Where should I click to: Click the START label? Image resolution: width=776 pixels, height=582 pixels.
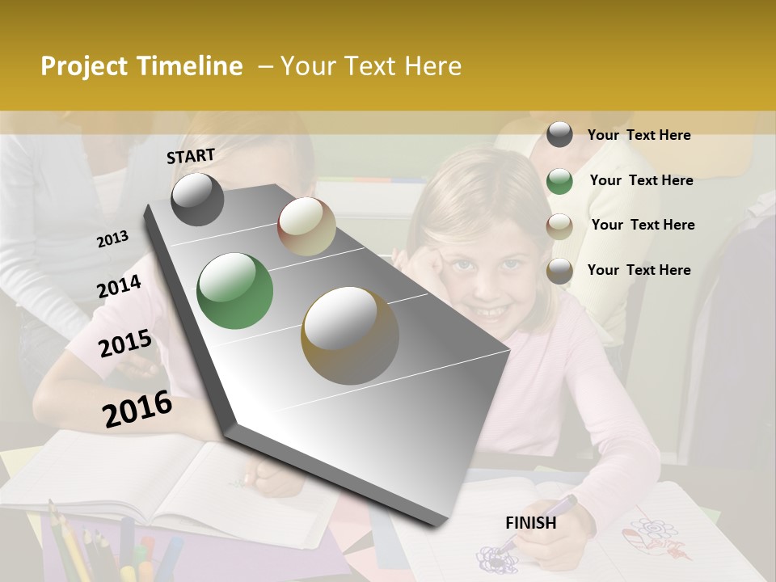(x=191, y=156)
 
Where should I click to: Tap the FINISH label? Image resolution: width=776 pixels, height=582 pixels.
(x=530, y=523)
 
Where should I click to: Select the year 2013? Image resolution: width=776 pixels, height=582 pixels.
(x=112, y=239)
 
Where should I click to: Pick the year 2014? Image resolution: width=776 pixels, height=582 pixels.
(x=119, y=287)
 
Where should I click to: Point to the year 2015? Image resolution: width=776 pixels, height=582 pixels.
(x=125, y=344)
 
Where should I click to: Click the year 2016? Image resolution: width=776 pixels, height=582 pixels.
(x=137, y=409)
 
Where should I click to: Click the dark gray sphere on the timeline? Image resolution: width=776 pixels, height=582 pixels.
(x=197, y=199)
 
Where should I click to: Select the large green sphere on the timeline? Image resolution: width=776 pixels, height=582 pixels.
(x=234, y=291)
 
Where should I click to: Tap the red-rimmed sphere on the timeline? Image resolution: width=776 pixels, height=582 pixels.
(x=306, y=226)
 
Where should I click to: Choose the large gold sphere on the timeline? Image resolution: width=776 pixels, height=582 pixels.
(x=349, y=335)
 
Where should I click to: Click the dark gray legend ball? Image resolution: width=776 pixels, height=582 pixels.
(x=559, y=134)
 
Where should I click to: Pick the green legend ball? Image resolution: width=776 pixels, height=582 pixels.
(x=559, y=181)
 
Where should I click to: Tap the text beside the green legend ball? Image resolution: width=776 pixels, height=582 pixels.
(x=641, y=180)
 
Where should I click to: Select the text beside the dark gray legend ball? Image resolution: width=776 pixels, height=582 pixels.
(x=639, y=135)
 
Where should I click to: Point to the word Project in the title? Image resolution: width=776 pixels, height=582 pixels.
(x=85, y=66)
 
